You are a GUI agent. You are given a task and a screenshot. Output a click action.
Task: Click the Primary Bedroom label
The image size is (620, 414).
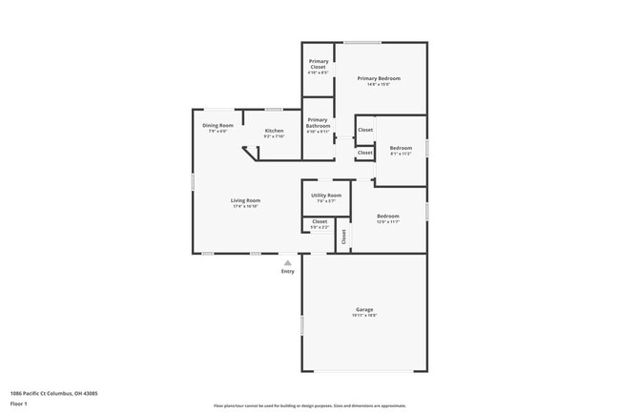point(379,78)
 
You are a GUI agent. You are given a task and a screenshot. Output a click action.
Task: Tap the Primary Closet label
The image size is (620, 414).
point(319,64)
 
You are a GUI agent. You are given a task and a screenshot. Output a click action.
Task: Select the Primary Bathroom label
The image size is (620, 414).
point(319,121)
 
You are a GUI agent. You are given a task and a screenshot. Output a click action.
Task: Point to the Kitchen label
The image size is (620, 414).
point(274,131)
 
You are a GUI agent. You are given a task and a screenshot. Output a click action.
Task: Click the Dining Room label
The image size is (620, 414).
point(217,125)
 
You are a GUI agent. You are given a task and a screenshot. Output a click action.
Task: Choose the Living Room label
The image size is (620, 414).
point(245,200)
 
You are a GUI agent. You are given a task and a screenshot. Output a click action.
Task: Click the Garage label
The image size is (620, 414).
point(364,310)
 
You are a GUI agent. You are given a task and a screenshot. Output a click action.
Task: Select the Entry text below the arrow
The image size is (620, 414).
point(288,272)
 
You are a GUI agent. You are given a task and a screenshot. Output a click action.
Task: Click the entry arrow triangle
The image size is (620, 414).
point(288,262)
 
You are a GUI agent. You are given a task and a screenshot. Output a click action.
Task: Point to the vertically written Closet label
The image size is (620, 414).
point(343,236)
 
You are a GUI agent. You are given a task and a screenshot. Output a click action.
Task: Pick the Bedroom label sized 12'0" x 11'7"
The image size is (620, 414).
point(386,217)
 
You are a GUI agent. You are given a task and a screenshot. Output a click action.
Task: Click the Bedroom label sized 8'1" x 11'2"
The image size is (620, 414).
point(401,148)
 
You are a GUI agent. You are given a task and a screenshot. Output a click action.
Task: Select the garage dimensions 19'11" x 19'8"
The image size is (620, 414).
point(364,316)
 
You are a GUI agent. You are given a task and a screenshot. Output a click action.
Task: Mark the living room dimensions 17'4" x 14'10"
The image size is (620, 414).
point(245,206)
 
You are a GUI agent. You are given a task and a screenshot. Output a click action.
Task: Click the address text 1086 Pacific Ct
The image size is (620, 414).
point(53,392)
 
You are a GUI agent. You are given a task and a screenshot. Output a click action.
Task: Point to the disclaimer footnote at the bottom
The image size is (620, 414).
point(309,405)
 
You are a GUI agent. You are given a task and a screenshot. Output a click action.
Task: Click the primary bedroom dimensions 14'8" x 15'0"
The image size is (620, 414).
point(379,84)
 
